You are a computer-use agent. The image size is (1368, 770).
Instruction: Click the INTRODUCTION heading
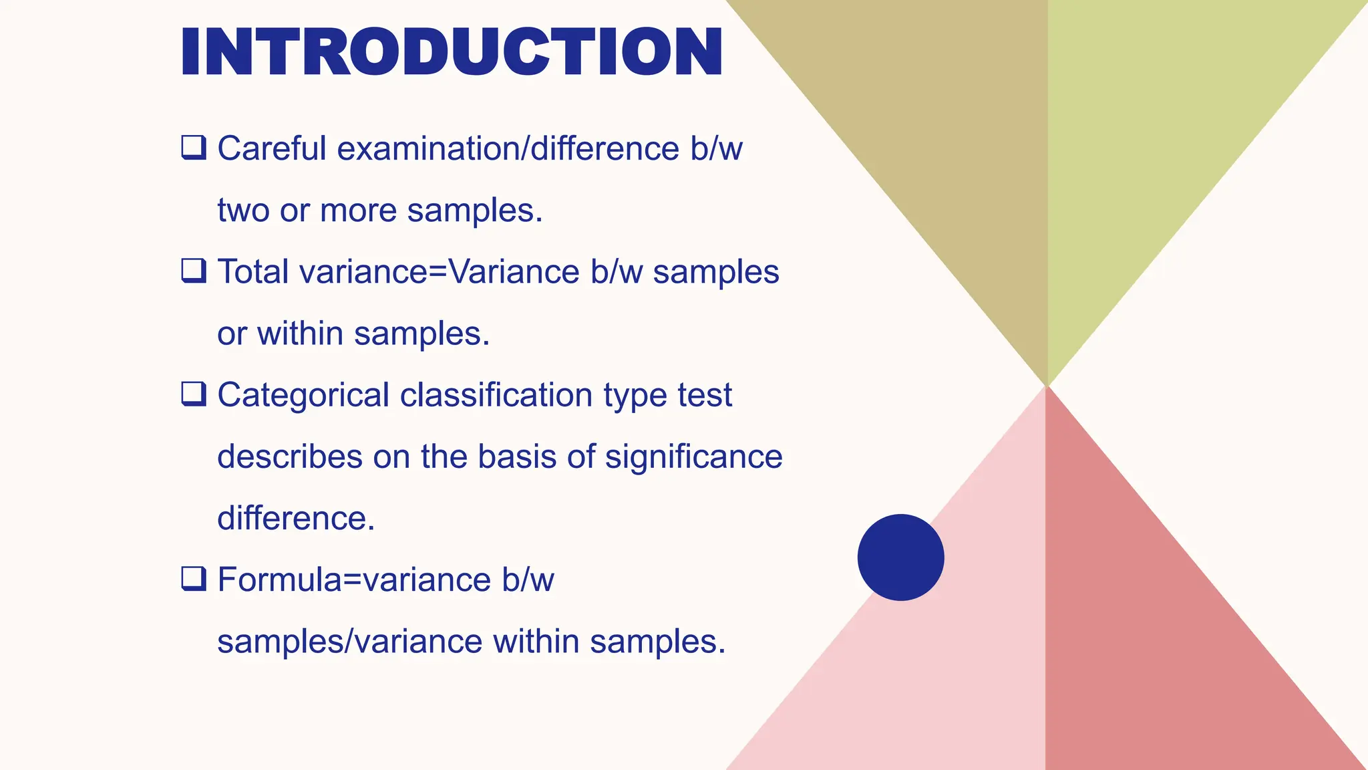(x=452, y=52)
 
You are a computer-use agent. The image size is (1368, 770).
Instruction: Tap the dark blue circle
(x=900, y=557)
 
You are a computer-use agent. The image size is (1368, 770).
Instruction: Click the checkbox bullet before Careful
(x=194, y=147)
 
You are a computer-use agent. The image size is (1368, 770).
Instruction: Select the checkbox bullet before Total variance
(x=194, y=271)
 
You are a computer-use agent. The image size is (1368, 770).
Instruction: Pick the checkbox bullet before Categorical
(x=194, y=394)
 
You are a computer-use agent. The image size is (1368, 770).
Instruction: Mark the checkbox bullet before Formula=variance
(x=194, y=578)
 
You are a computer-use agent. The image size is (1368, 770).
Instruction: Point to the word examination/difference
(x=508, y=148)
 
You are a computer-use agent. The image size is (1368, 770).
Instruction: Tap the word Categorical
(x=303, y=395)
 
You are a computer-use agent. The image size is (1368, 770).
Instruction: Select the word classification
(x=496, y=395)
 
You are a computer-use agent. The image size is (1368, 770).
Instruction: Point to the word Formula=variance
(x=354, y=580)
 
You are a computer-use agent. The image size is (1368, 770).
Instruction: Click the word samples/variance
(x=349, y=642)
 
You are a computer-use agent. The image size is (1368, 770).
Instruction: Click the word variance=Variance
(x=439, y=271)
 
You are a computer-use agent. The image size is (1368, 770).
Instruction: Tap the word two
(x=243, y=211)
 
